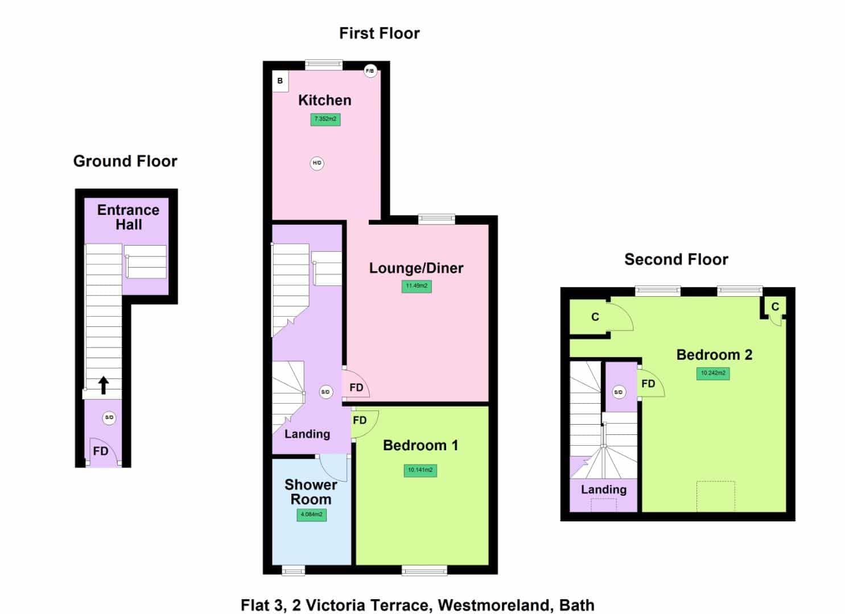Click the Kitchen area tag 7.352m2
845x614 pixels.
[x=325, y=119]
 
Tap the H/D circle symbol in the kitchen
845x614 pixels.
[x=317, y=163]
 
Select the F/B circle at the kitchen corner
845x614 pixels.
[x=370, y=71]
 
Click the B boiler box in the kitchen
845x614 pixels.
[x=281, y=81]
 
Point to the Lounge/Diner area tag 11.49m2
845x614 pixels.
[x=417, y=286]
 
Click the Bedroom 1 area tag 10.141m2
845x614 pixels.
[x=421, y=470]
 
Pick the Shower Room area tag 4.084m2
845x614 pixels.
[x=312, y=515]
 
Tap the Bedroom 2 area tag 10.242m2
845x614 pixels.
[x=713, y=374]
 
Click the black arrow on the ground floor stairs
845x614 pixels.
[x=104, y=385]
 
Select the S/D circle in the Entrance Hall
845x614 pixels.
[x=109, y=418]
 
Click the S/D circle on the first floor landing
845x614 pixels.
[x=325, y=392]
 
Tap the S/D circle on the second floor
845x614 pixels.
[x=619, y=392]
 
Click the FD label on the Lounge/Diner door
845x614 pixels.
[x=356, y=388]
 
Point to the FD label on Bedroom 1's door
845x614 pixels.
[x=360, y=420]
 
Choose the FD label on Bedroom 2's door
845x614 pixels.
[x=649, y=384]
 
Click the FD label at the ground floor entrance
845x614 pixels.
[x=101, y=451]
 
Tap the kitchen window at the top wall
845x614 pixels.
[x=324, y=65]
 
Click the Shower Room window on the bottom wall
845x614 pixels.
[x=293, y=571]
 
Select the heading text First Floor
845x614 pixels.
[x=380, y=34]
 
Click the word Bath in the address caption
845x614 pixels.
[x=577, y=605]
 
